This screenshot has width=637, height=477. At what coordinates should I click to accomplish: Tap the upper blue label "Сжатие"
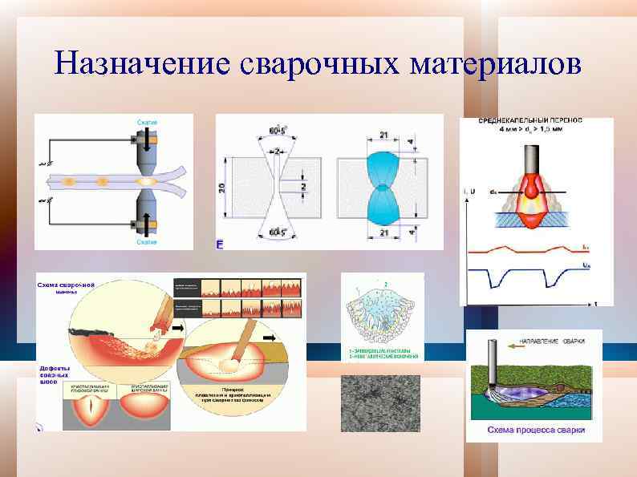(146, 120)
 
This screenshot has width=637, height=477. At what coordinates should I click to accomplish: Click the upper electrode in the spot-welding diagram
(147, 152)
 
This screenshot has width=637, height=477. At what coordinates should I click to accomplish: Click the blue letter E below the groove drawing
(220, 243)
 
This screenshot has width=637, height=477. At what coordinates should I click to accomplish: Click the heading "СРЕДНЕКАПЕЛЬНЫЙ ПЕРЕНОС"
(530, 120)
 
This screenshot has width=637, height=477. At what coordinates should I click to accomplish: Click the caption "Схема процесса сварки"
(535, 431)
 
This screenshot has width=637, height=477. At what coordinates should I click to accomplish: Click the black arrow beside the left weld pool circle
(176, 328)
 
